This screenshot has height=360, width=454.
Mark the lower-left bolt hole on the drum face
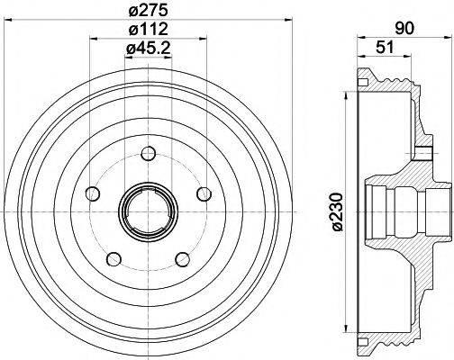[x=113, y=259]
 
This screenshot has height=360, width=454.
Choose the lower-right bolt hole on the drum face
[x=183, y=259]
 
